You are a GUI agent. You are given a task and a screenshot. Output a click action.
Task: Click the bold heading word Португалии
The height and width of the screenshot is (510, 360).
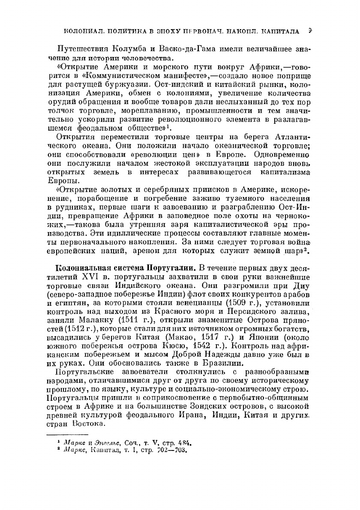click(x=172, y=269)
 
